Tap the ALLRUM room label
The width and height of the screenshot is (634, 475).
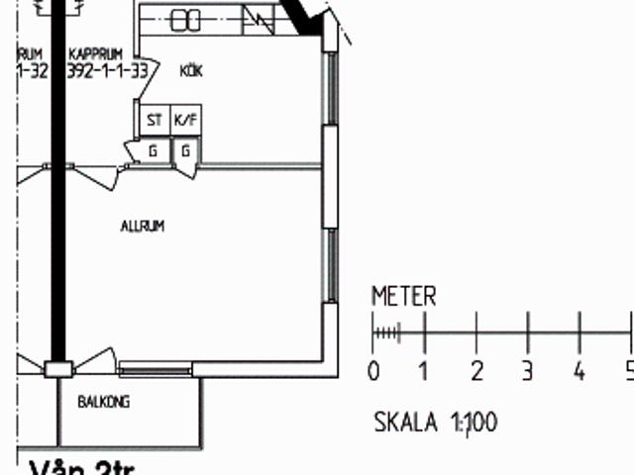tap(143, 227)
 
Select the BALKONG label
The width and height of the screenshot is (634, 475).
tap(104, 403)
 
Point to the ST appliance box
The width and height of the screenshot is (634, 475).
tap(155, 121)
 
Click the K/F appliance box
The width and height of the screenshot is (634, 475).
tap(185, 121)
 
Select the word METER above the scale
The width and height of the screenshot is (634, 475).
tap(403, 296)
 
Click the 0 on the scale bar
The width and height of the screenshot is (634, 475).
tap(373, 372)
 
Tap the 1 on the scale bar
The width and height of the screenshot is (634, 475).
tap(425, 372)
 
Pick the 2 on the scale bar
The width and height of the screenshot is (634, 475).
tap(476, 372)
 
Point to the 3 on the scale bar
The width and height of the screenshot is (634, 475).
tap(528, 372)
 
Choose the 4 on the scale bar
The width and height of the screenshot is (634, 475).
tap(580, 372)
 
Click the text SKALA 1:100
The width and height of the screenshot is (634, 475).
tap(435, 424)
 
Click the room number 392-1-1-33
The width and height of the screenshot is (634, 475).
tap(108, 71)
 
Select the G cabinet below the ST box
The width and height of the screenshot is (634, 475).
tap(154, 150)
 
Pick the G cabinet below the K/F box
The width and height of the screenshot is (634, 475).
tap(185, 150)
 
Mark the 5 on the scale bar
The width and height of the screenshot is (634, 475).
tap(627, 372)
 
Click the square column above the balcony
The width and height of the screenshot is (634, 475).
tap(58, 369)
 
